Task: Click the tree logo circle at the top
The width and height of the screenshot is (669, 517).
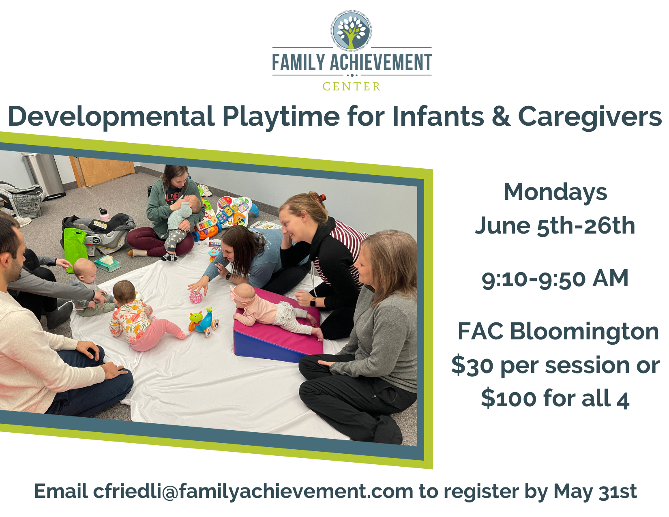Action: (351, 30)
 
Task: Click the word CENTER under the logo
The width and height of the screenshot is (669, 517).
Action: (351, 86)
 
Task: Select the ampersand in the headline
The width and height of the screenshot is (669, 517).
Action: (501, 116)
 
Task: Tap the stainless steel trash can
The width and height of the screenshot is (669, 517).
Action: (45, 176)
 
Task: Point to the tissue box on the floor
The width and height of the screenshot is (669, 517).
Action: (107, 263)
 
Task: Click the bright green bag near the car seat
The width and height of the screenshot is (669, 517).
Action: (75, 250)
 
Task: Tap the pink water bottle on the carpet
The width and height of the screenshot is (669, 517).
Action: (104, 215)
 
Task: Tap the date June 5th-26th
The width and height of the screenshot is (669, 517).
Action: (555, 226)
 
